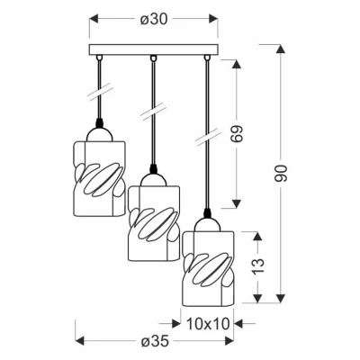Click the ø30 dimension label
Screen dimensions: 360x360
pyautogui.click(x=153, y=20)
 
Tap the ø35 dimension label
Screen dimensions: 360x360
pyautogui.click(x=155, y=341)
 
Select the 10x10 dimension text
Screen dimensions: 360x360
pyautogui.click(x=208, y=323)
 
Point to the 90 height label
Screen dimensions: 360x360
pyautogui.click(x=281, y=174)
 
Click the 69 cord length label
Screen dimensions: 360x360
pyautogui.click(x=237, y=134)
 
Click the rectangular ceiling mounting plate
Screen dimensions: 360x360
pyautogui.click(x=153, y=49)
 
